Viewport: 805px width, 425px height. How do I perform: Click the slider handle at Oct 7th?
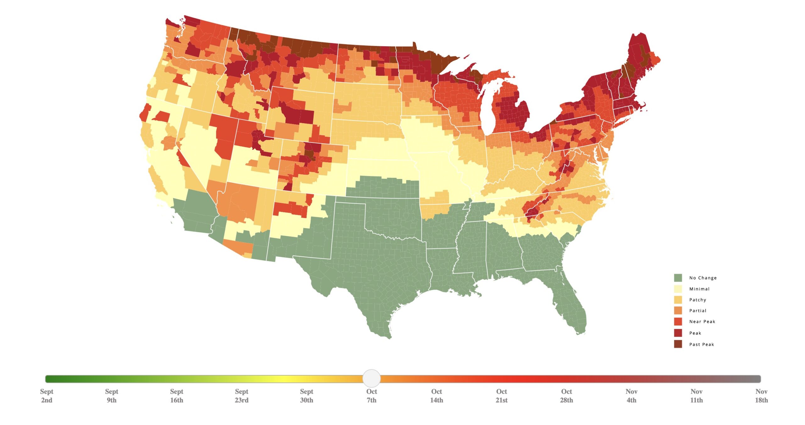[x=371, y=378]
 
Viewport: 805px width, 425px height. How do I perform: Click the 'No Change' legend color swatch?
[x=678, y=278]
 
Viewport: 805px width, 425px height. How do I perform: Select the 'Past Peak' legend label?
[x=702, y=344]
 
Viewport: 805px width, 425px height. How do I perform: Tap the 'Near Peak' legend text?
[x=702, y=322]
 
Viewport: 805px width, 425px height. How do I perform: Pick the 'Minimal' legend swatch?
[x=678, y=289]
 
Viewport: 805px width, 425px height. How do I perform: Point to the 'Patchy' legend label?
[x=697, y=300]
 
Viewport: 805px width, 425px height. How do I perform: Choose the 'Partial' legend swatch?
[x=678, y=310]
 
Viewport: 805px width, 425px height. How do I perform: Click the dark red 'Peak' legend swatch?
[x=678, y=333]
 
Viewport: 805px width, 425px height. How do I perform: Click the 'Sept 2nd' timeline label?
[x=47, y=396]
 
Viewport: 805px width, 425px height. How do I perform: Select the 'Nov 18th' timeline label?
[x=761, y=396]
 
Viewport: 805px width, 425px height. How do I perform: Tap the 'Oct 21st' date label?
[x=502, y=396]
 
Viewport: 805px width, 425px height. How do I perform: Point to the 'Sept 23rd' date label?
[x=241, y=396]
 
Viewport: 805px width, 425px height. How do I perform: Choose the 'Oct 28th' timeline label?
[x=566, y=396]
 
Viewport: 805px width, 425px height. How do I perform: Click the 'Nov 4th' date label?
[x=631, y=396]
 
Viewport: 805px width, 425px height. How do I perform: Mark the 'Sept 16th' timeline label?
[x=176, y=396]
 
